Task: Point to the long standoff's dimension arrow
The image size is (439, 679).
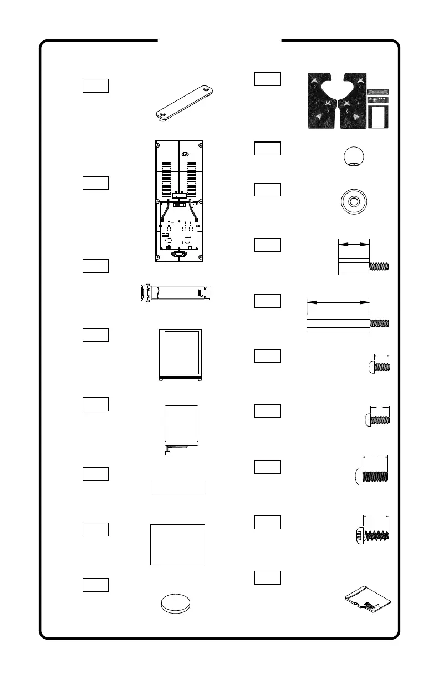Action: [x=338, y=302]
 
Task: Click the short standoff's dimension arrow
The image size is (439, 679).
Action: [x=353, y=243]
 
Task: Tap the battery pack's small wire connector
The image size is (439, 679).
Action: [x=167, y=453]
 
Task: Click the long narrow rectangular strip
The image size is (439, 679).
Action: [x=178, y=487]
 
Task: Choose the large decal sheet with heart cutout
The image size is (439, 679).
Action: [x=337, y=101]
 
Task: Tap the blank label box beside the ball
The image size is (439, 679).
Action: [x=267, y=149]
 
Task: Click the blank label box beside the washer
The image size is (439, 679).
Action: [x=267, y=189]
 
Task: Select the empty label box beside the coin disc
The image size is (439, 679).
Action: [x=95, y=584]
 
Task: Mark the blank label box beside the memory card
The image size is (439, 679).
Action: [x=267, y=577]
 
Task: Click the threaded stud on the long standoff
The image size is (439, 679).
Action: [x=380, y=323]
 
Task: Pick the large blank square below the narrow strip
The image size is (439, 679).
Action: [x=177, y=544]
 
